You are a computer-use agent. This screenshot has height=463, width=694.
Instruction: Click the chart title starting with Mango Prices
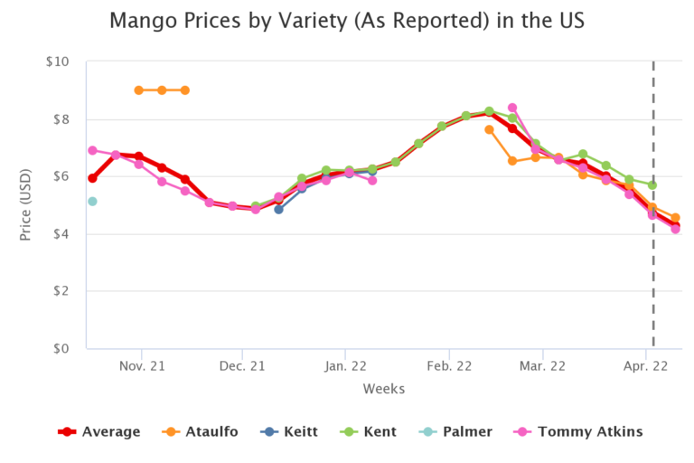point(346,20)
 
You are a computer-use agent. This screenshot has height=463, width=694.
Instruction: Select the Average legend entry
point(99,431)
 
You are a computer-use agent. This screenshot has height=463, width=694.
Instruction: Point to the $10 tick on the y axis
point(57,61)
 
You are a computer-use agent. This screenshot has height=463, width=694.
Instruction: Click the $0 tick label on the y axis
point(61,349)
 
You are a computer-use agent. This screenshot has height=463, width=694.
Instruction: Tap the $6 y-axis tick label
point(61,176)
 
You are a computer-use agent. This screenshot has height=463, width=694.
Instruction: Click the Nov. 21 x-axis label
point(141,366)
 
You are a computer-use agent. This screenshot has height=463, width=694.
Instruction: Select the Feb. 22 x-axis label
point(447,366)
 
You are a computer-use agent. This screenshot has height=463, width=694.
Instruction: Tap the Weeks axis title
point(384,389)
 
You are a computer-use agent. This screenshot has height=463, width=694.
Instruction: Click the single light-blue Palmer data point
point(92,201)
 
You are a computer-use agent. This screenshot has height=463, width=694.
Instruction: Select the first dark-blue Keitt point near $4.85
point(279,209)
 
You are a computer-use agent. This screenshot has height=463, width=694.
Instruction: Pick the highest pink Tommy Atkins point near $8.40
point(512,108)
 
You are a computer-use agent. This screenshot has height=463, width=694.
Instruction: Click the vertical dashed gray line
point(653,226)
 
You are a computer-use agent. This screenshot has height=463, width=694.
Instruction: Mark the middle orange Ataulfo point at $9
point(162,90)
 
